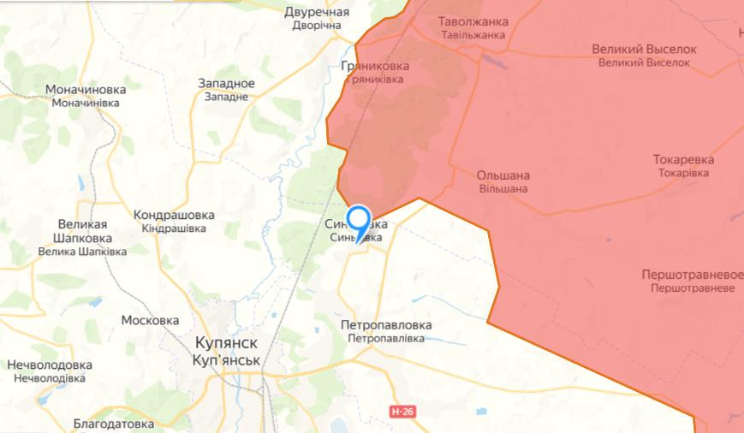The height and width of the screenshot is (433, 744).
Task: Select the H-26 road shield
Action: tap(402, 412)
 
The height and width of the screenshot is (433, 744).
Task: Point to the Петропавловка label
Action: tap(386, 325)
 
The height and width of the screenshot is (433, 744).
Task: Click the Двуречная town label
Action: tap(317, 12)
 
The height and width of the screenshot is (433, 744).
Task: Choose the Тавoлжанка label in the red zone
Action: tap(473, 21)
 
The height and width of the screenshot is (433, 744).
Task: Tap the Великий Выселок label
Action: tap(644, 49)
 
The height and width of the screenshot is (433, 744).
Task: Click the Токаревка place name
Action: tap(683, 159)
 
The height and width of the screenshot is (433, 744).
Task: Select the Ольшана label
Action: tap(503, 175)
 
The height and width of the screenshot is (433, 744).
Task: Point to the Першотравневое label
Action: tap(692, 275)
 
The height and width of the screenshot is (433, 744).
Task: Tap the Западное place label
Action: tap(226, 83)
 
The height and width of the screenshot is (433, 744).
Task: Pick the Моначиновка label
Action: tap(86, 89)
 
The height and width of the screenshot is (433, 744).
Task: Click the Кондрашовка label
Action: tap(174, 215)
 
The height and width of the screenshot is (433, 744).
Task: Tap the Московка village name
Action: tap(150, 320)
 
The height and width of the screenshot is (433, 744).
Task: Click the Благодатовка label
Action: tap(113, 424)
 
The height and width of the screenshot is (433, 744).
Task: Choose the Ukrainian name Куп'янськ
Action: tap(226, 360)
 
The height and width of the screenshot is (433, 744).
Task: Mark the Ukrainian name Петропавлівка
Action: tap(386, 339)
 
